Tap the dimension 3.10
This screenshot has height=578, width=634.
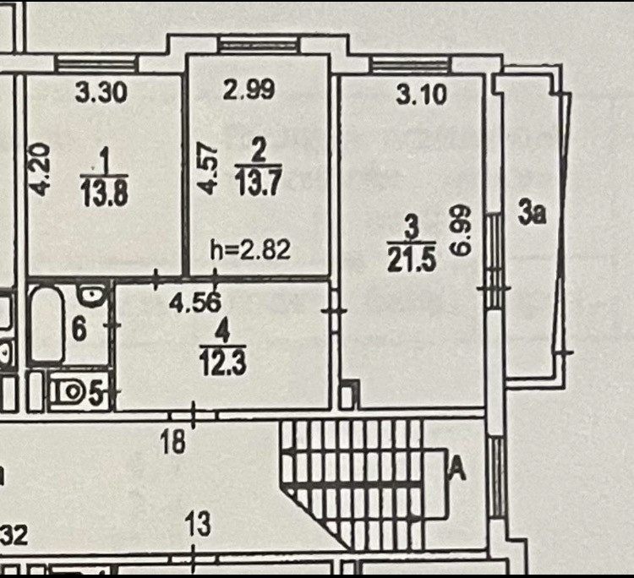coord(421,95)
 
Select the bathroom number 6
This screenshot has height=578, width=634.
coord(78,330)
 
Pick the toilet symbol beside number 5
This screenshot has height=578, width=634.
coord(66,392)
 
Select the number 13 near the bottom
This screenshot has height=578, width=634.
coord(197,525)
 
